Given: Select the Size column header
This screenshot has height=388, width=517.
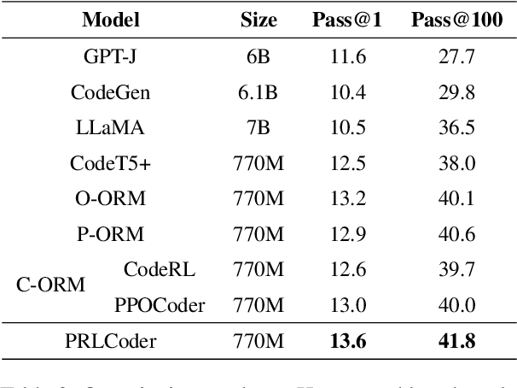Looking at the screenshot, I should point(258,21).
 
